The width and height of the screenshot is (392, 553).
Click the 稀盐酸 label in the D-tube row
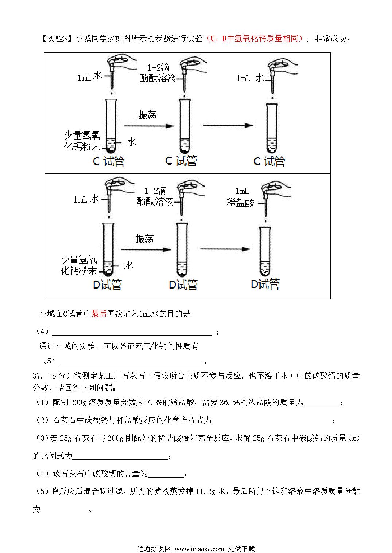240,203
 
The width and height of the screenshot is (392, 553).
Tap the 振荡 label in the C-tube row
147,115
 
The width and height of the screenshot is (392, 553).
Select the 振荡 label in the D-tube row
144,239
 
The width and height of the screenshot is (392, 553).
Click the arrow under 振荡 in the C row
149,126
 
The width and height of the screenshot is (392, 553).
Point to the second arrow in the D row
225,249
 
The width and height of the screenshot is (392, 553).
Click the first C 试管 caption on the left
109,161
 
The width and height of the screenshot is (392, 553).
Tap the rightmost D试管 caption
265,284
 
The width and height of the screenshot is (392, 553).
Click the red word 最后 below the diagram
99,314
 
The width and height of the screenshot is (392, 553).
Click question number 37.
38,376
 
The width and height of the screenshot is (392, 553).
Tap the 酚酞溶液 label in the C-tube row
157,78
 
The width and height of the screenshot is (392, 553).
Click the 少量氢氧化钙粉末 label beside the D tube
79,266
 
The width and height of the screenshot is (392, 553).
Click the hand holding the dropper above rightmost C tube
283,66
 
